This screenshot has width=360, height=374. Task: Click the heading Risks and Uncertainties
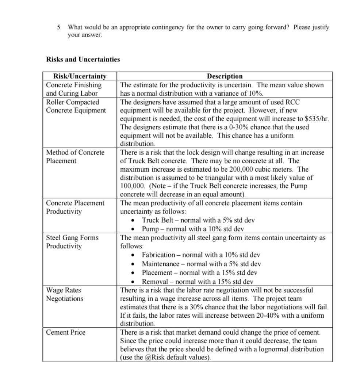coord(83,59)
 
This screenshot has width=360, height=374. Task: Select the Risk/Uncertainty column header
coord(80,76)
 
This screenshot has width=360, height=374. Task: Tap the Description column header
coord(225,76)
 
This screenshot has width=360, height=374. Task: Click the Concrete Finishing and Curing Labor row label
coord(74,89)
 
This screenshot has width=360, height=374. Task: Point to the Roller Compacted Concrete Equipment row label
coord(76,106)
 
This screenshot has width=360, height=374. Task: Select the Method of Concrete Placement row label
coord(75,157)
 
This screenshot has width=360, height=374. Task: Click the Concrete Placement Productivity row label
coord(75,207)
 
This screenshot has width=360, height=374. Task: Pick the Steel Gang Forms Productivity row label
coord(72,242)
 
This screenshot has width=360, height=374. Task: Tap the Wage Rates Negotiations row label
coord(64,294)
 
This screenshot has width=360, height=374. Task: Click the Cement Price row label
coord(65,332)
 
